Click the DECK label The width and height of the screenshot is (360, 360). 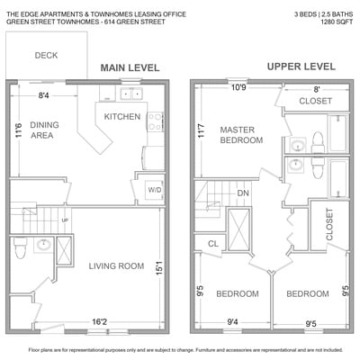(46, 55)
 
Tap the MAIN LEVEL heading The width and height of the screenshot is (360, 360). (130, 67)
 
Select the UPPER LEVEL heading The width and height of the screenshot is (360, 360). (301, 67)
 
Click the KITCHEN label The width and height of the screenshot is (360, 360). (122, 116)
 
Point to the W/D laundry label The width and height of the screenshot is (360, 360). (155, 190)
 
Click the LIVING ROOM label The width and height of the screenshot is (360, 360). (116, 265)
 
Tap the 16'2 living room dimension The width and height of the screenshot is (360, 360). (100, 322)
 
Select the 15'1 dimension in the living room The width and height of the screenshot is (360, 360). (159, 268)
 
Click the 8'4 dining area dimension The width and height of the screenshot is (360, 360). (43, 95)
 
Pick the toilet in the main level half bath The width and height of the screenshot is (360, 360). (20, 247)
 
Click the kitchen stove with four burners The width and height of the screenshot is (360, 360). (156, 121)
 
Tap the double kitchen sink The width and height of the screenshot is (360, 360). (131, 94)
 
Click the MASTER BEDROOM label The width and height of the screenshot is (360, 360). (241, 135)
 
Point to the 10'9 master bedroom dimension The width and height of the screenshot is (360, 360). (238, 87)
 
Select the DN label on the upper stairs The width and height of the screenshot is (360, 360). (243, 193)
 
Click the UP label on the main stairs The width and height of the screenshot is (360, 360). (65, 220)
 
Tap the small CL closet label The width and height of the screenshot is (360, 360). (213, 244)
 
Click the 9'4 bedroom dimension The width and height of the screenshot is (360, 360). (232, 322)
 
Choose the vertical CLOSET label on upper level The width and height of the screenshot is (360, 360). (329, 224)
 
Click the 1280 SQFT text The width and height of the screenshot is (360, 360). (337, 22)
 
